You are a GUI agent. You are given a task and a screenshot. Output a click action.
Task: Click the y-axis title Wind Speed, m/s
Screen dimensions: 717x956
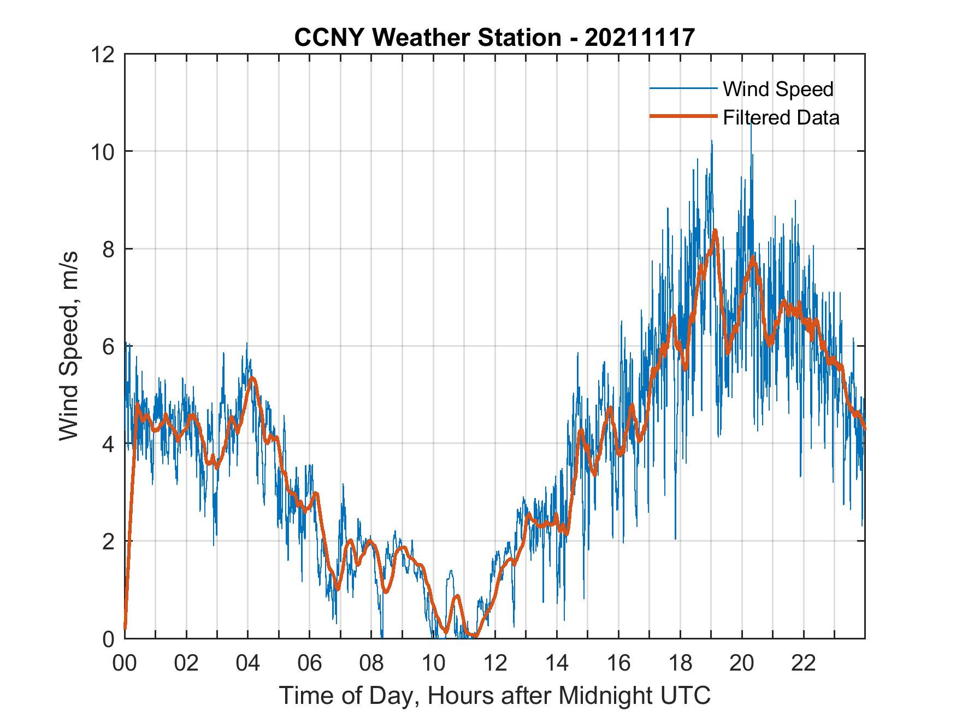[69, 346]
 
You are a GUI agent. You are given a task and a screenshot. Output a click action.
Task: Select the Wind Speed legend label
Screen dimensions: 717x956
[778, 89]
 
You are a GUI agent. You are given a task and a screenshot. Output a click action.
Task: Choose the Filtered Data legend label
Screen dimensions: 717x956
[781, 117]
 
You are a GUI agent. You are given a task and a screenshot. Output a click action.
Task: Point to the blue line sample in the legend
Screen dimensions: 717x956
[683, 88]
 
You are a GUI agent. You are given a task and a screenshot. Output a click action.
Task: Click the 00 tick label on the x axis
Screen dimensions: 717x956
[125, 663]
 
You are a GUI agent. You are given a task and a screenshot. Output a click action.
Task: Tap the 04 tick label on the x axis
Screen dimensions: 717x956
[248, 663]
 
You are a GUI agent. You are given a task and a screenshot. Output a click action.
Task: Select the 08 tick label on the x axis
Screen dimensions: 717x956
[371, 663]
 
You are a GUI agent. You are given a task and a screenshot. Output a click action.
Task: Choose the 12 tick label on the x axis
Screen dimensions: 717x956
[495, 663]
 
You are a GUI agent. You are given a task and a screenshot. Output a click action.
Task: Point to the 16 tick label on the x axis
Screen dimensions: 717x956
[618, 663]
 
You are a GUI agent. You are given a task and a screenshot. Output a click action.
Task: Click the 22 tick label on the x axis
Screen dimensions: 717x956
[804, 663]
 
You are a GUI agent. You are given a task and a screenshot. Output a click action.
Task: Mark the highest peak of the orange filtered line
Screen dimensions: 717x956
[715, 231]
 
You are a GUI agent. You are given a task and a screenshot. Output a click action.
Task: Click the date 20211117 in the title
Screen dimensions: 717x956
[639, 38]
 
